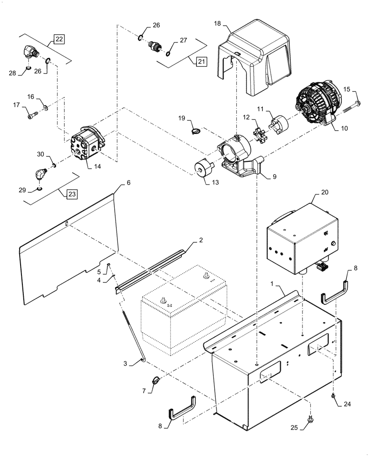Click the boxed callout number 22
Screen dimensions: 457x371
click(59, 39)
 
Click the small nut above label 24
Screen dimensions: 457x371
click(334, 394)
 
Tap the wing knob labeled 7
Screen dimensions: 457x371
click(155, 379)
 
